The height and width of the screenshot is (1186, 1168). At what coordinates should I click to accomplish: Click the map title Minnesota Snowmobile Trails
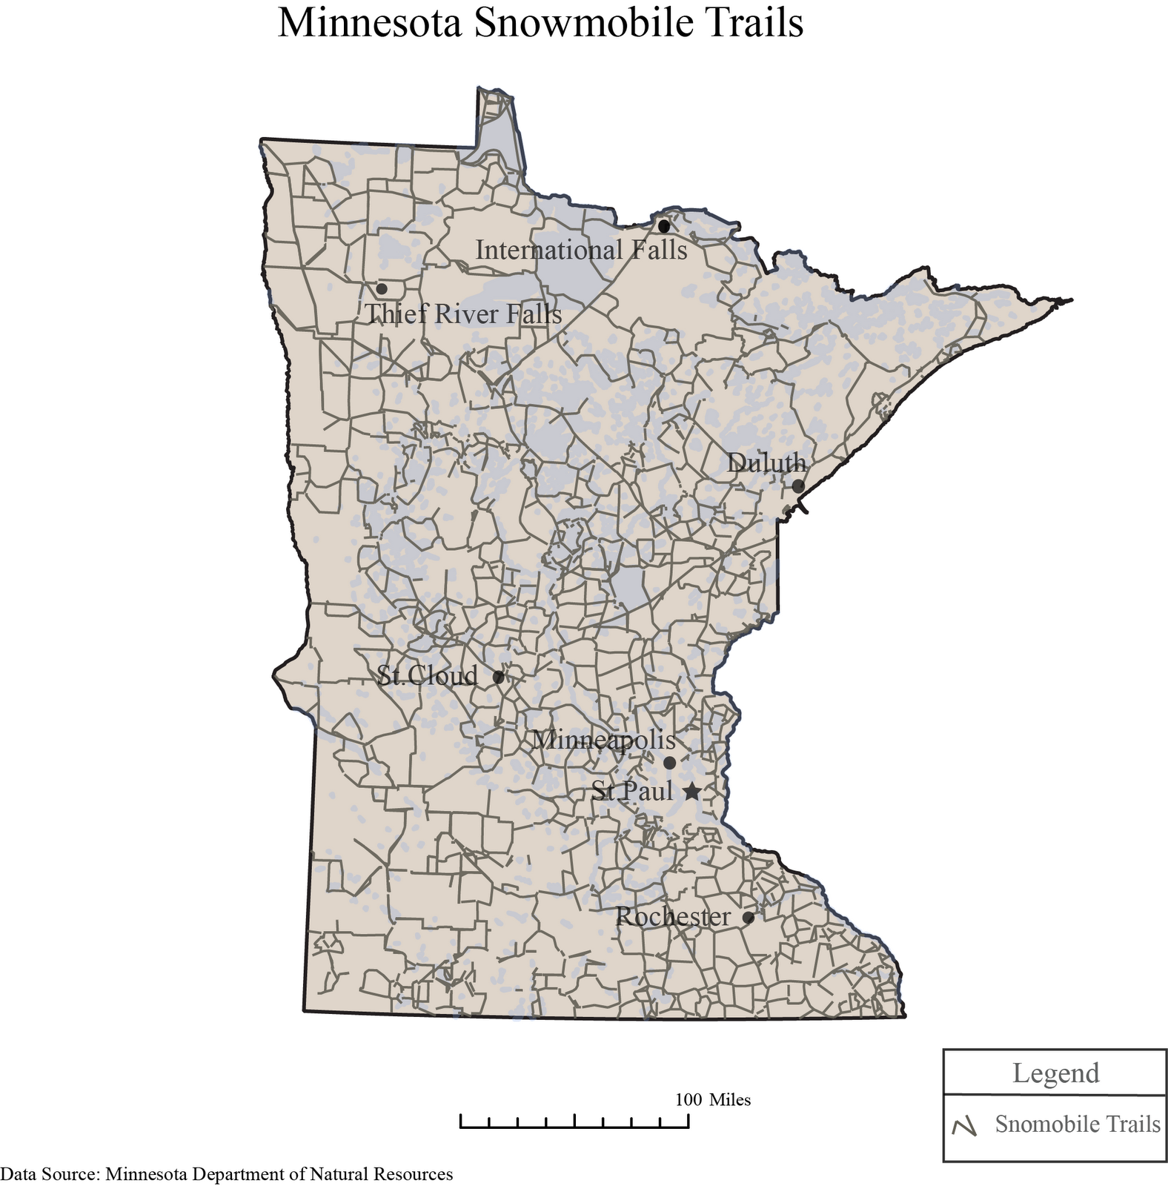click(540, 23)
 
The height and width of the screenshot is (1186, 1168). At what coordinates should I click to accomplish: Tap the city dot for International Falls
click(664, 225)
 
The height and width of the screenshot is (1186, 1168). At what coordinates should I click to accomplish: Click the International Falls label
click(581, 251)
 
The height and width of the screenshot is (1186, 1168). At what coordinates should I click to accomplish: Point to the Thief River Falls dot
click(382, 288)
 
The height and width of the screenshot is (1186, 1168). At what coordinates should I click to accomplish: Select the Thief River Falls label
click(464, 314)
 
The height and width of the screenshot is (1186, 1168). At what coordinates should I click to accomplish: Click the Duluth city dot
click(798, 486)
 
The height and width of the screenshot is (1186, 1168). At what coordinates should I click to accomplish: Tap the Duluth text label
click(766, 463)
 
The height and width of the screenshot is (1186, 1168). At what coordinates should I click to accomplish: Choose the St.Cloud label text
click(428, 676)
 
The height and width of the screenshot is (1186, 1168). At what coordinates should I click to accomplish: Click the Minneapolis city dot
click(669, 763)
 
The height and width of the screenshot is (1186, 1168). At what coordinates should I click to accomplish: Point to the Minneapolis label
click(604, 740)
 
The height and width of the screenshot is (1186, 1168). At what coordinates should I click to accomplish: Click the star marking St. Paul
click(691, 792)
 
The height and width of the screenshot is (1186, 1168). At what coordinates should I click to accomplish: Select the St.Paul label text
click(632, 792)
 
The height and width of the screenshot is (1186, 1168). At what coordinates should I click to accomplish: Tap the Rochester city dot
click(749, 918)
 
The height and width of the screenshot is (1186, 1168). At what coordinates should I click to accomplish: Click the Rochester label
click(673, 918)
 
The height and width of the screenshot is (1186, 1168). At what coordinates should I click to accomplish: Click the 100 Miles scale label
click(713, 1099)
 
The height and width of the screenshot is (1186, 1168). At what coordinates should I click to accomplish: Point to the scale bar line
click(574, 1127)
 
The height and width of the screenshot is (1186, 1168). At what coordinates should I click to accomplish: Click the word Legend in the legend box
click(1055, 1073)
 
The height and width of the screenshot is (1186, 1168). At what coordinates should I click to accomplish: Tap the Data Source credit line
click(227, 1174)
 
